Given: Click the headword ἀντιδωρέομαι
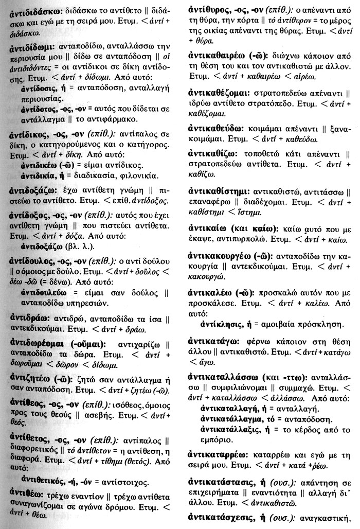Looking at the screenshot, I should coord(41,343).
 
